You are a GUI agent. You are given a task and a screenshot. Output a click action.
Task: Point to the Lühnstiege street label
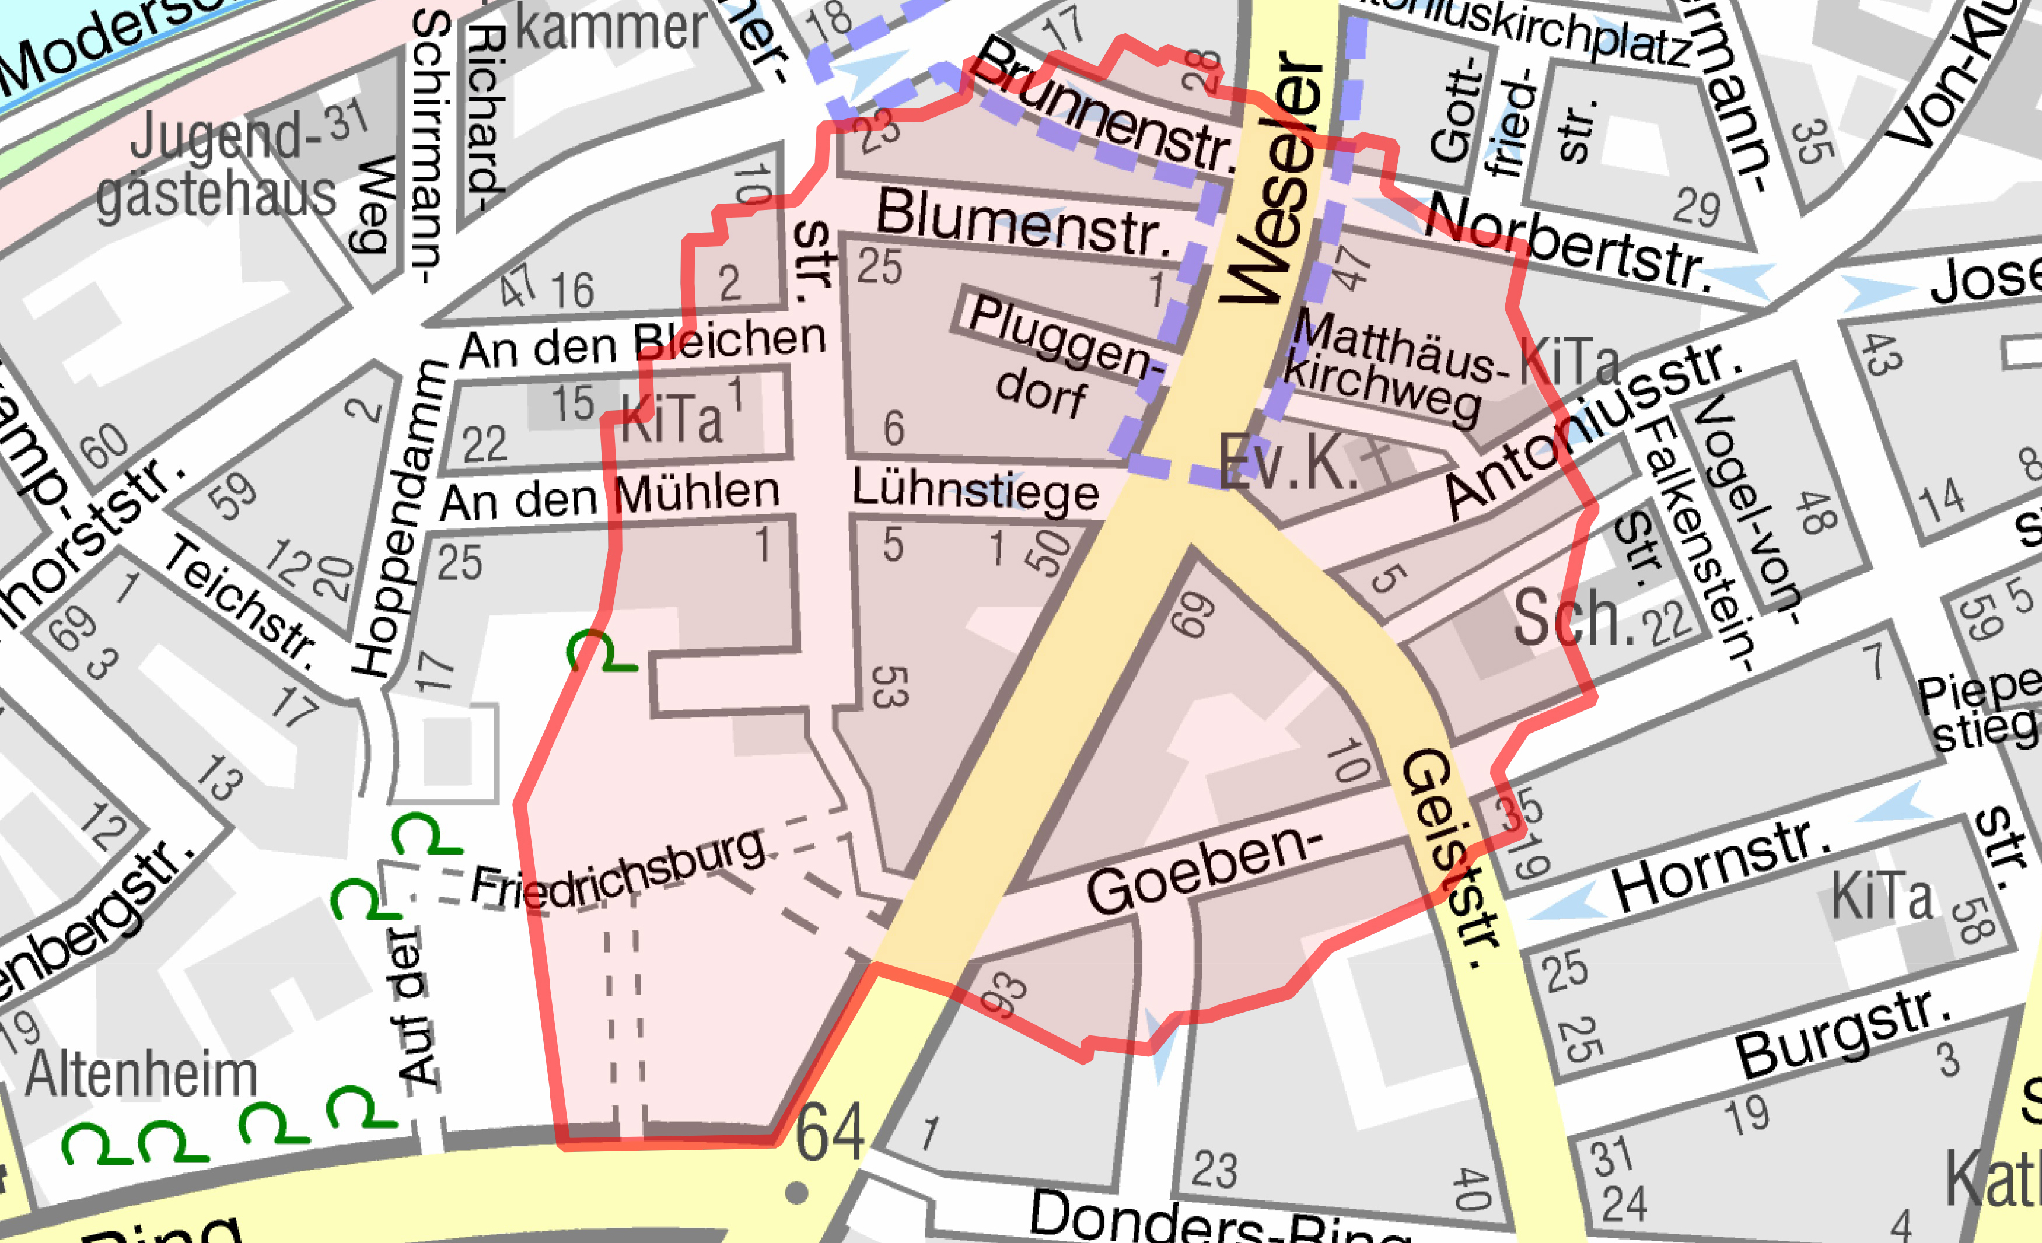pyautogui.click(x=975, y=491)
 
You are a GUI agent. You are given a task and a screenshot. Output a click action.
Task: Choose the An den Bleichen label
pyautogui.click(x=643, y=344)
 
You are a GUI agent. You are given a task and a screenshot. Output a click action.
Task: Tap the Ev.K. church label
pyautogui.click(x=1289, y=461)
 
